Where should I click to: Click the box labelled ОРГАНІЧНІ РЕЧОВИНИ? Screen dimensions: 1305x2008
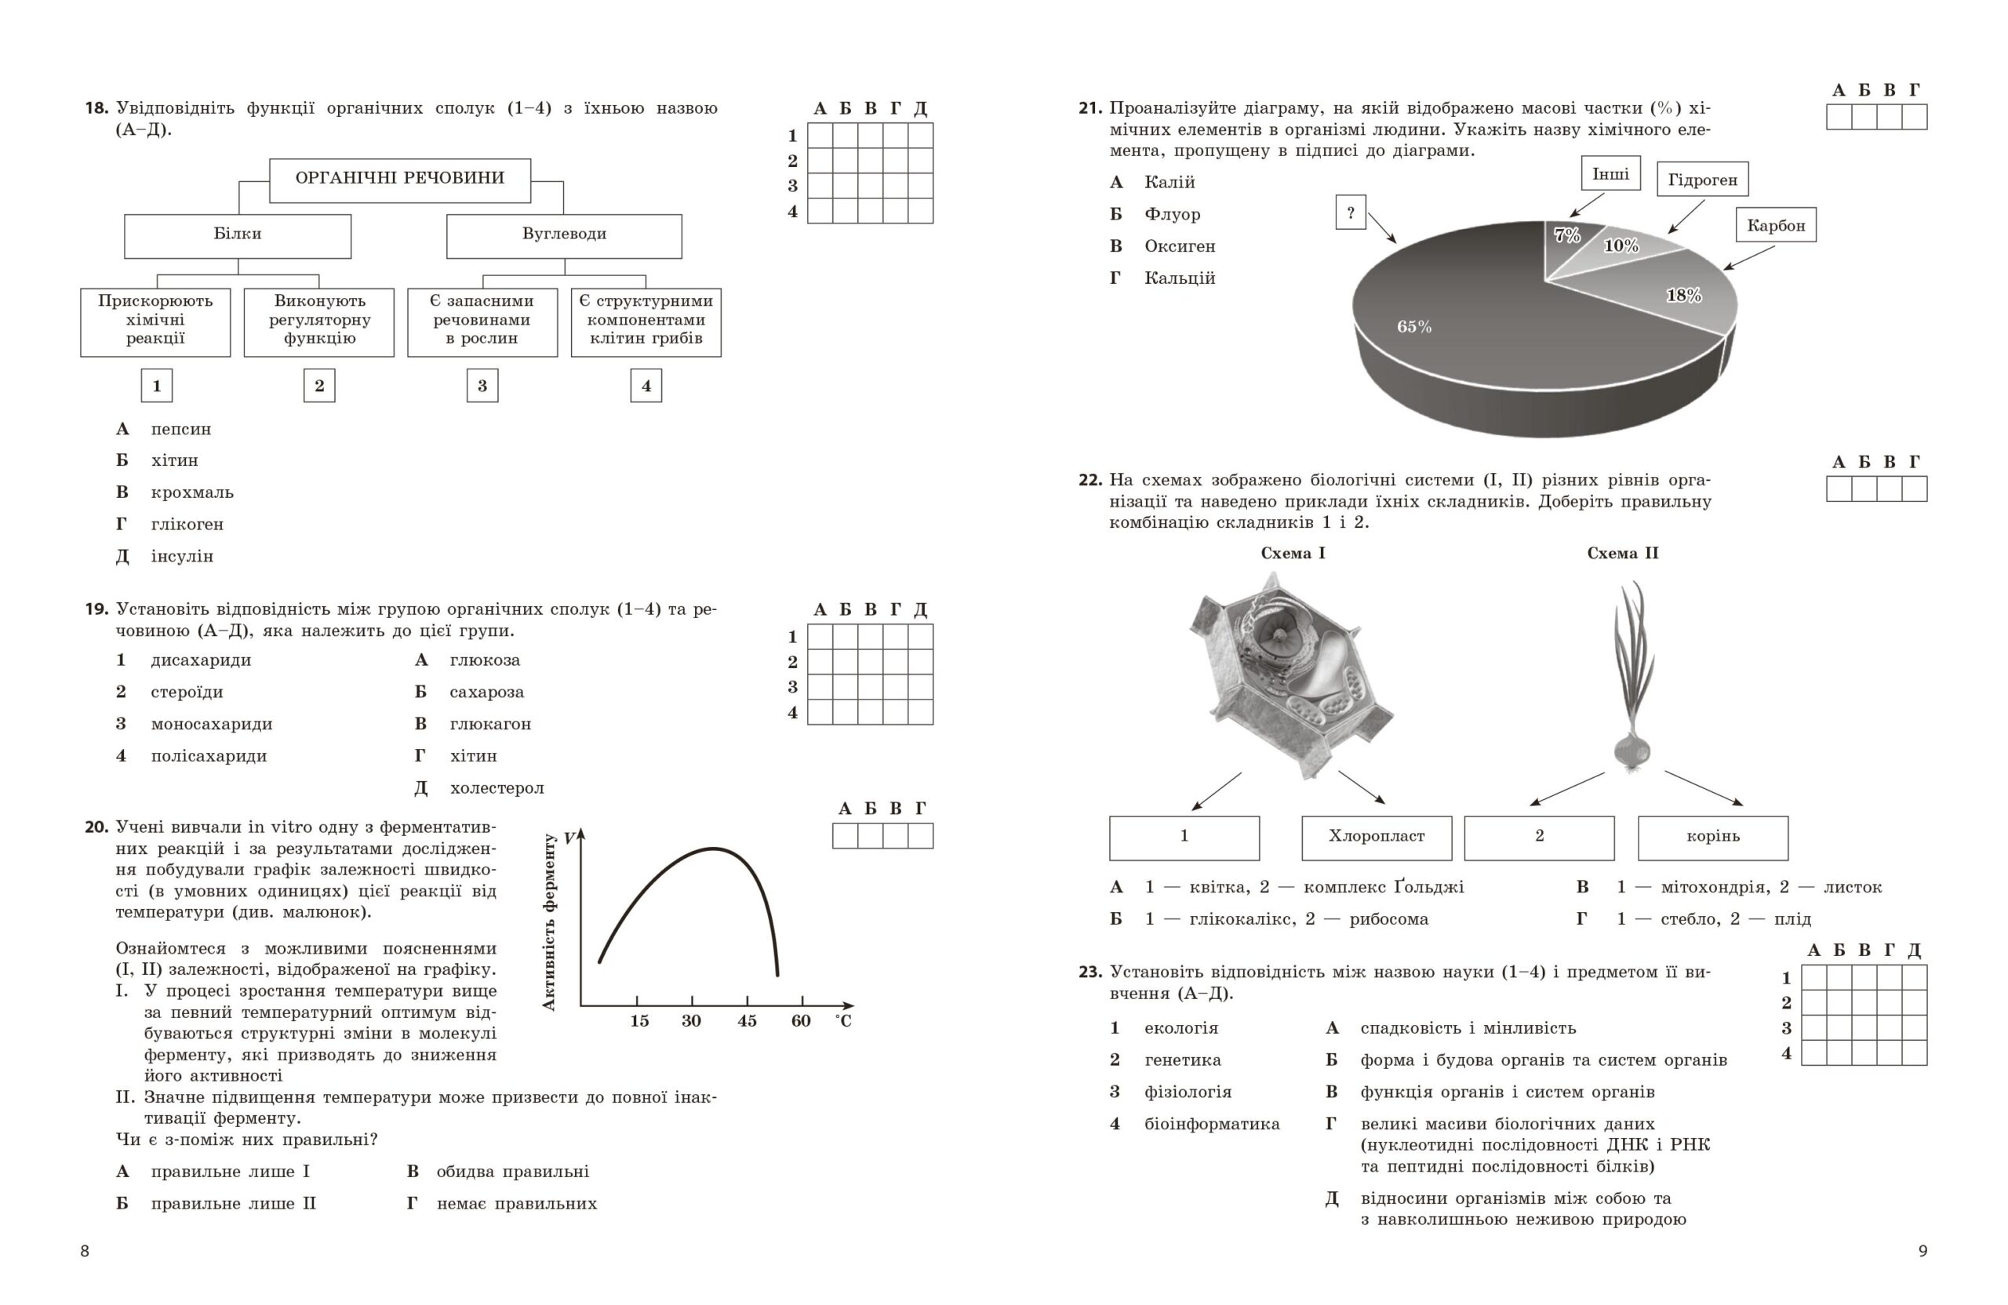(399, 179)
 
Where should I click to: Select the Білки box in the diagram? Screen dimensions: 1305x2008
(237, 234)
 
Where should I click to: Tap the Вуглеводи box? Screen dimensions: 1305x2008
(564, 234)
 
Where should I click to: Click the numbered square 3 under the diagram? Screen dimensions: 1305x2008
(482, 386)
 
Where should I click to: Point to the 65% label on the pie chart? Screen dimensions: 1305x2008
(1414, 326)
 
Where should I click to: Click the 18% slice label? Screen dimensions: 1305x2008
(1683, 295)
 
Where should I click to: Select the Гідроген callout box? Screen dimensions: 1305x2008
(1702, 180)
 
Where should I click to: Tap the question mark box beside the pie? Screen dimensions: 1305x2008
(1350, 213)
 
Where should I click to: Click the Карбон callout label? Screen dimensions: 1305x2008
(1775, 225)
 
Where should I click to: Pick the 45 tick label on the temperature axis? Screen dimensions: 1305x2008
(747, 1021)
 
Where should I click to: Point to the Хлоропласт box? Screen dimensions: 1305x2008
(1376, 836)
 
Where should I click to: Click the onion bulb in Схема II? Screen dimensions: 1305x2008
(1631, 748)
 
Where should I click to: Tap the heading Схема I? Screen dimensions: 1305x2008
(1293, 554)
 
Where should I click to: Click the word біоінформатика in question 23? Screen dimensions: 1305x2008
(1212, 1124)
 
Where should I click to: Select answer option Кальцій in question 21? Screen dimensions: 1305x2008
(1180, 278)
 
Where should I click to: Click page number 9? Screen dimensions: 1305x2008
(1923, 1251)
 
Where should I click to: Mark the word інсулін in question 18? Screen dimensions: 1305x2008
(181, 556)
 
